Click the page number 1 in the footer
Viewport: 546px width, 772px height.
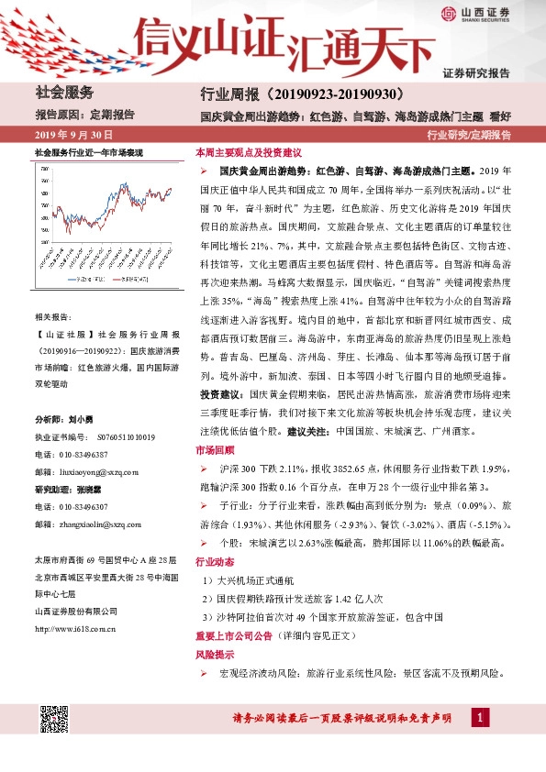tap(478, 717)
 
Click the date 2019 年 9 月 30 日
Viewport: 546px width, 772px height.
tap(73, 135)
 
